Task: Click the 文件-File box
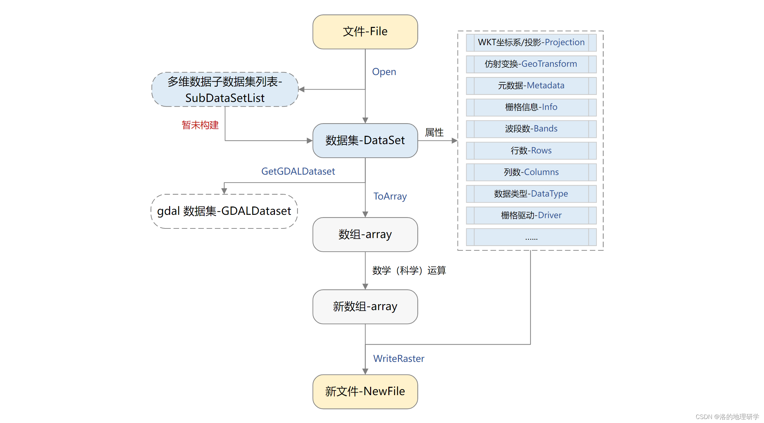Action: tap(365, 32)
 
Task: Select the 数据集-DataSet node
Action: tap(365, 140)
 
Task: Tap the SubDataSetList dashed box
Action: tap(225, 90)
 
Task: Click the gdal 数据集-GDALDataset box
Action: tap(224, 211)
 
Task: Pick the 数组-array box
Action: tap(365, 234)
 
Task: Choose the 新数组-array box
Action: tap(365, 306)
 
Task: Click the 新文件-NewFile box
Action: tap(365, 391)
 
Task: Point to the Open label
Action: tap(384, 72)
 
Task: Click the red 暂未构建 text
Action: tap(200, 125)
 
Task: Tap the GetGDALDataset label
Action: tap(298, 171)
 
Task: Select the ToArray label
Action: tap(390, 196)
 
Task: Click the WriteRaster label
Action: tap(399, 359)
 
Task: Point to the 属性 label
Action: tap(434, 132)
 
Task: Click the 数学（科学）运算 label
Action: tap(409, 270)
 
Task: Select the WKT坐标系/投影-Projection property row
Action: tap(531, 42)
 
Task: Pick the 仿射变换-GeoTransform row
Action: tap(531, 64)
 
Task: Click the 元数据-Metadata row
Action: tap(531, 86)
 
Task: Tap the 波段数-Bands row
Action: tap(531, 129)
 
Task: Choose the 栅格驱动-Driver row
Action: tap(531, 215)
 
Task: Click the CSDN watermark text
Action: tap(727, 417)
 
